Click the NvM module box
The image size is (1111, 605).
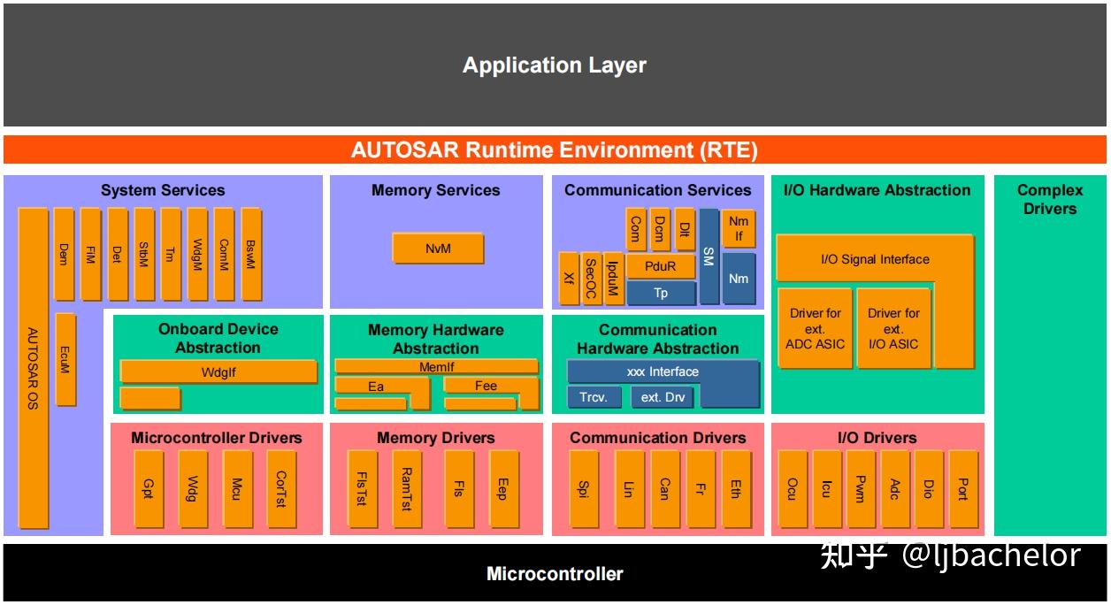[x=438, y=249]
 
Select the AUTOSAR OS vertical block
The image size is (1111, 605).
[x=33, y=368]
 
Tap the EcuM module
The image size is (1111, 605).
[x=65, y=359]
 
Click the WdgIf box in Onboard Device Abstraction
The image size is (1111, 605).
[x=218, y=372]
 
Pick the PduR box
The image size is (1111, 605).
[x=661, y=266]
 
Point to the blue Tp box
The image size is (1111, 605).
[x=661, y=293]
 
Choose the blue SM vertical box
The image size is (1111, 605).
[x=709, y=257]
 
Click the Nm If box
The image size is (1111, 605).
[x=739, y=229]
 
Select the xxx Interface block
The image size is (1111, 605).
[x=663, y=371]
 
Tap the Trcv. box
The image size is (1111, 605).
[x=594, y=397]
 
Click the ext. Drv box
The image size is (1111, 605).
[x=663, y=397]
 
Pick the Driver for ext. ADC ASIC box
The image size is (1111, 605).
[x=815, y=328]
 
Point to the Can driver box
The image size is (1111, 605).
[x=664, y=489]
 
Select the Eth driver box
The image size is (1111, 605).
[x=735, y=489]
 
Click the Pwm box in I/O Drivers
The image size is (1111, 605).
[x=860, y=489]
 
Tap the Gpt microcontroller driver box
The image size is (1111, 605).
[x=148, y=489]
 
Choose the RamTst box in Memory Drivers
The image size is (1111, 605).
[x=406, y=489]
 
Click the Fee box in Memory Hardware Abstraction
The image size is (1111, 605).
[x=486, y=386]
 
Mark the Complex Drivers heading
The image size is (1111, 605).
[x=1049, y=199]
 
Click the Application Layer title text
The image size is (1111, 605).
[x=555, y=65]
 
